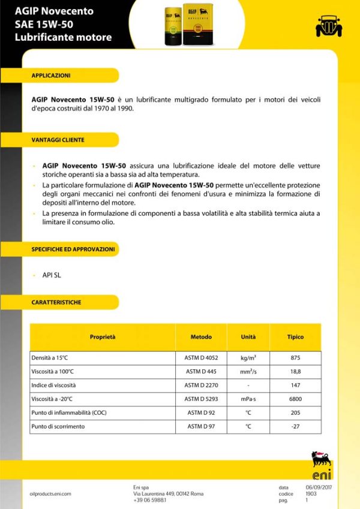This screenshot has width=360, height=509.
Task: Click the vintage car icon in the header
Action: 328,25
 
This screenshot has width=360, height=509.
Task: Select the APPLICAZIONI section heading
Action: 51,76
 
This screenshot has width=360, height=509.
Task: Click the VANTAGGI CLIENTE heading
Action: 58,140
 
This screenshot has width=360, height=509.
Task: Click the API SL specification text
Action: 52,275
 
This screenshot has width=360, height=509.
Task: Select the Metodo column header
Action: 201,337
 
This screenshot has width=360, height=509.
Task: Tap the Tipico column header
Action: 295,337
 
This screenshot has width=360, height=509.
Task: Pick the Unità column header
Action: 248,337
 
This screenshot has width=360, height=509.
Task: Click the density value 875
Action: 295,358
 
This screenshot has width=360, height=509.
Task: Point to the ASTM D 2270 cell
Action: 201,385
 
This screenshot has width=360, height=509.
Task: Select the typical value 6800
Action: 295,399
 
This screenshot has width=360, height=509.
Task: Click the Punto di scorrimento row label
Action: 58,426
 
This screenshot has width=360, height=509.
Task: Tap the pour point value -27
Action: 295,426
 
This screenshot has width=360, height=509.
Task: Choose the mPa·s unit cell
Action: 248,399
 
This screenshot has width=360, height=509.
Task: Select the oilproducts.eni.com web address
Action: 50,493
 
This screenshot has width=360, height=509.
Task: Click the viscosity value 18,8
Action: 295,372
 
